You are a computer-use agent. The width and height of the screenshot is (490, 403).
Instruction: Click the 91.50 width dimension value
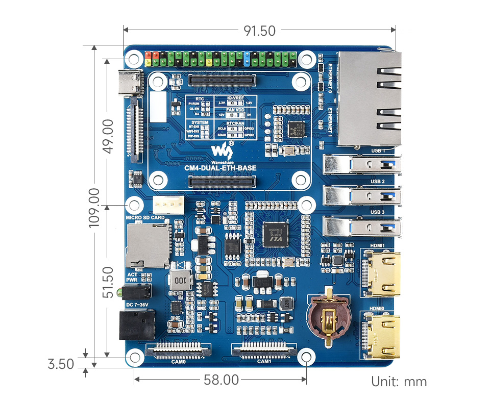tap(259, 31)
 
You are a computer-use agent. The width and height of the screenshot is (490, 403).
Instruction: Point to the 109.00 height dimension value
tap(94, 208)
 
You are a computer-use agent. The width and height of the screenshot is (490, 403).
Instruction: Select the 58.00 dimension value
tap(221, 380)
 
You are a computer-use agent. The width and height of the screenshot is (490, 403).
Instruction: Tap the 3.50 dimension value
tap(61, 364)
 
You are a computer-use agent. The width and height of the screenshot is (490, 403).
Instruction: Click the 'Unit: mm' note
tap(399, 382)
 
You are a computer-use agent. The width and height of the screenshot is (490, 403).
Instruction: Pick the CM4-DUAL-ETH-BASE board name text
tap(220, 168)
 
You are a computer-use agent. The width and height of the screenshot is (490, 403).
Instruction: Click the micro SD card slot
tap(148, 245)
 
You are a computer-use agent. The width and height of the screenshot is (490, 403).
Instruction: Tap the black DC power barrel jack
tap(136, 325)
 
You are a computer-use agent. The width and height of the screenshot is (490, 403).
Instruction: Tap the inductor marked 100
tap(182, 280)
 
